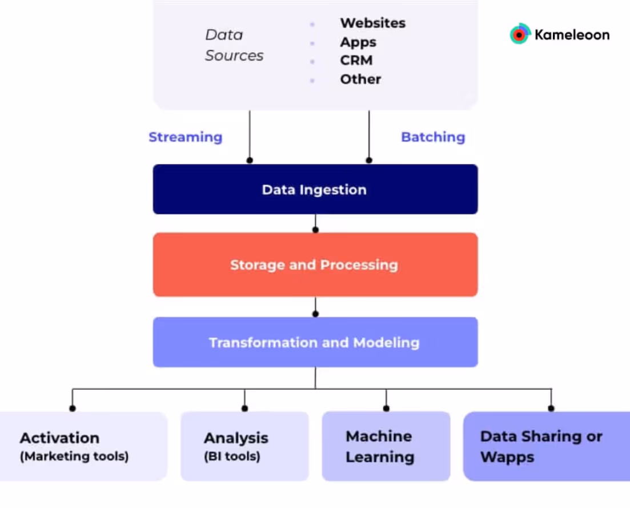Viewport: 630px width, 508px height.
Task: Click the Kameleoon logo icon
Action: pos(520,34)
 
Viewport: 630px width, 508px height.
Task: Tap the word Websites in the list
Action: pos(372,23)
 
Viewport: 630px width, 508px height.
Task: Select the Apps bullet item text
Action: pos(358,42)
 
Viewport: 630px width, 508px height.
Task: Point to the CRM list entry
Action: pos(356,61)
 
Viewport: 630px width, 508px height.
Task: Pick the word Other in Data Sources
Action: pos(360,79)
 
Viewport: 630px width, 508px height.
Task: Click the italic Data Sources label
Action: pos(234,45)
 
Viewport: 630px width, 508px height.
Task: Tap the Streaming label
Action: pos(185,137)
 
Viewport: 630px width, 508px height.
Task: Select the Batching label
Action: pos(433,137)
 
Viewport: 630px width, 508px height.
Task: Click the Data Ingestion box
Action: pos(315,190)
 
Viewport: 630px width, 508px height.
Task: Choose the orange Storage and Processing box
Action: pos(315,265)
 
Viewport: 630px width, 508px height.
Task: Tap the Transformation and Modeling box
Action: pos(315,342)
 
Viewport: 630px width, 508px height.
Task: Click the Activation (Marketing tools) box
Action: pos(74,446)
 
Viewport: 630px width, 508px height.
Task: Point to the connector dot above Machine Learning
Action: pos(386,408)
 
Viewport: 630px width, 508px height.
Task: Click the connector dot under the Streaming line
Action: pos(250,161)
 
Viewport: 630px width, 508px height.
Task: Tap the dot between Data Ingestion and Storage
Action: pos(315,230)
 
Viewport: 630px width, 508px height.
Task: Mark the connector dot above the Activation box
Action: pos(73,408)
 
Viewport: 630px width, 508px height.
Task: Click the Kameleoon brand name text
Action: pos(572,35)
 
